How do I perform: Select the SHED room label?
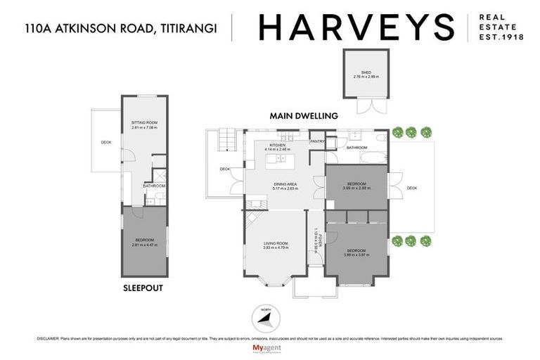pyautogui.click(x=366, y=74)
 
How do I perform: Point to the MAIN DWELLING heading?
pyautogui.click(x=304, y=116)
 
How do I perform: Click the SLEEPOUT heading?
pyautogui.click(x=143, y=288)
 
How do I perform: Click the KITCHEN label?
pyautogui.click(x=277, y=146)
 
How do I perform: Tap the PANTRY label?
pyautogui.click(x=316, y=142)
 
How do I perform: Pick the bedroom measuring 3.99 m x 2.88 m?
pyautogui.click(x=356, y=187)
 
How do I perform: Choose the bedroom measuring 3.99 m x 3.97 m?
pyautogui.click(x=356, y=252)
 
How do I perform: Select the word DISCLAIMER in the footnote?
pyautogui.click(x=47, y=339)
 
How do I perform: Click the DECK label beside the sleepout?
pyautogui.click(x=106, y=143)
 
